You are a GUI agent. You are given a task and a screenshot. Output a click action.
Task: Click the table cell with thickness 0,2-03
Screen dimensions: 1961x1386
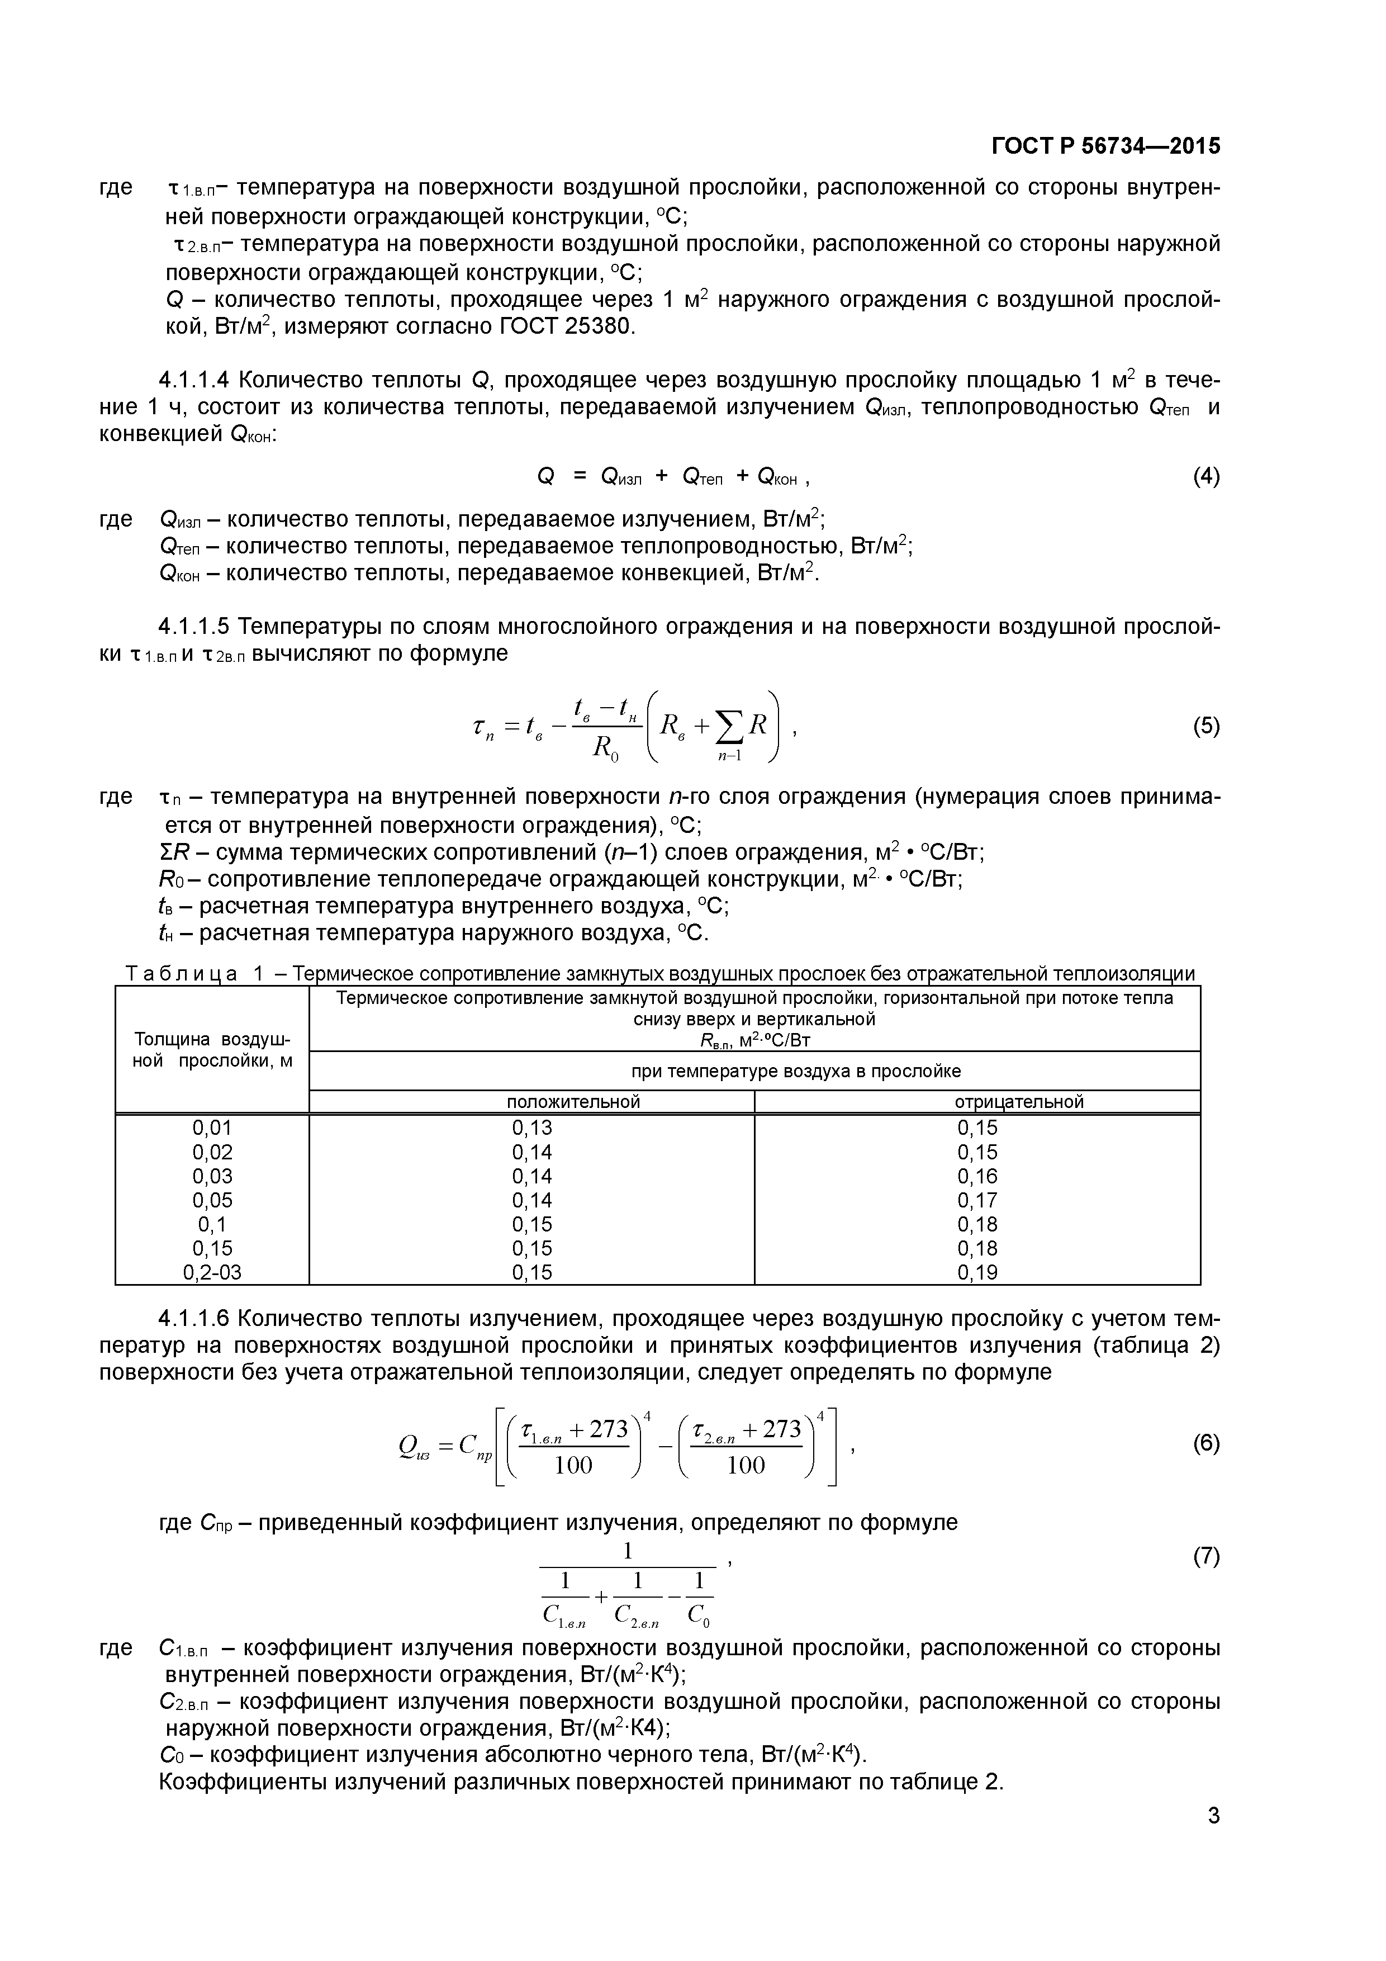(212, 1273)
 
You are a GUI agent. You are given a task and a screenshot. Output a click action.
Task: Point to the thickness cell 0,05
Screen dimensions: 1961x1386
(212, 1200)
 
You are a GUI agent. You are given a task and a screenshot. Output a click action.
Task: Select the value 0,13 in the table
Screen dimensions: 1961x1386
(531, 1128)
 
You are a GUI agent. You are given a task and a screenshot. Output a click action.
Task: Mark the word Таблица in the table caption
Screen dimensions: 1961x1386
(181, 974)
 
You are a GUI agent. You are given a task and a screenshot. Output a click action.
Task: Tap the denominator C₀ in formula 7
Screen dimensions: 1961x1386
(699, 1615)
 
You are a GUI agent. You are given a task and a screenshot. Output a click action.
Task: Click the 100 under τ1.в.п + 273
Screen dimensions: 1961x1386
(573, 1466)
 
